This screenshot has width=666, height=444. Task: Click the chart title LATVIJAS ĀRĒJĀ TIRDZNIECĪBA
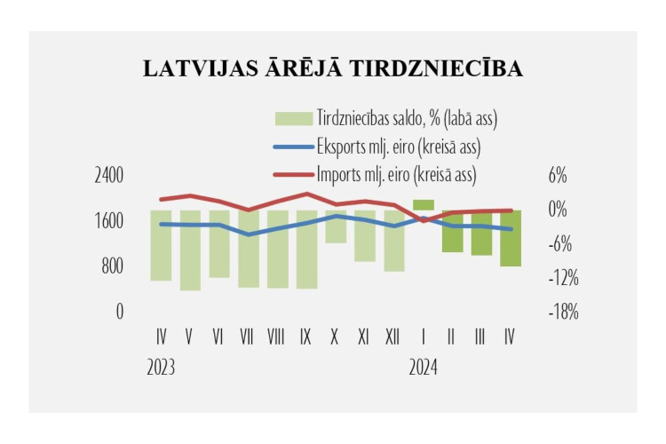tap(332, 70)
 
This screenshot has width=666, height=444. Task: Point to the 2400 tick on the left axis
tap(109, 175)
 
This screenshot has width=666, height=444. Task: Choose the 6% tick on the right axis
tap(557, 175)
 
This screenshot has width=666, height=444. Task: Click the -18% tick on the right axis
tap(563, 313)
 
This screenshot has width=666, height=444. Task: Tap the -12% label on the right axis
tap(563, 279)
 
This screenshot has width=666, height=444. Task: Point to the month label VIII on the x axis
tap(276, 337)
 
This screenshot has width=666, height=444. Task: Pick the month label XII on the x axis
tap(392, 337)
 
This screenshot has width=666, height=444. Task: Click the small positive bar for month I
tap(424, 205)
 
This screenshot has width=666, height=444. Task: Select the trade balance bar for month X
tap(336, 227)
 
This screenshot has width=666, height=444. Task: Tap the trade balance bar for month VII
tap(249, 250)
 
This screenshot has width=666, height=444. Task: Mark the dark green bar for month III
tap(481, 234)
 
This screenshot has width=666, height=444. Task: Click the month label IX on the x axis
tap(306, 337)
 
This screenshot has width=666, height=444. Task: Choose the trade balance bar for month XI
tap(364, 237)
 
